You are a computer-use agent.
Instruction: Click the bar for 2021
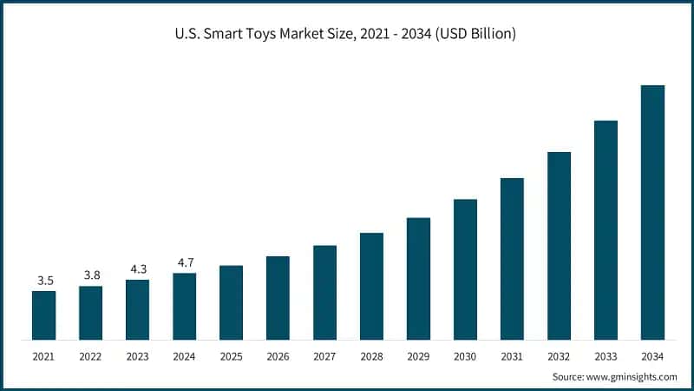coord(43,315)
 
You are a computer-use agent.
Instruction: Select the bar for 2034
coord(652,213)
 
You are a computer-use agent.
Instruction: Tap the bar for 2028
coord(371,286)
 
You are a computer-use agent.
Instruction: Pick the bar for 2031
coord(512,259)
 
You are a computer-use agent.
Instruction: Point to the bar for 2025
coord(231,302)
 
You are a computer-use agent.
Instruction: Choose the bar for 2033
coord(606,230)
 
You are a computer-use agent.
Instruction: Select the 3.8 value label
coord(90,275)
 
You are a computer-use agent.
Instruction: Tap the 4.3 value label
coord(137,269)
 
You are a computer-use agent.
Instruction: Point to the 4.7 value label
coord(184,262)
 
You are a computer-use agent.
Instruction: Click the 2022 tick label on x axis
coord(90,356)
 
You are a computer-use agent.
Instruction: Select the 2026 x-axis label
coord(278,356)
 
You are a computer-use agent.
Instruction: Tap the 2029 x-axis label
coord(418,356)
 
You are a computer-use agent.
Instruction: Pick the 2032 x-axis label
coord(559,356)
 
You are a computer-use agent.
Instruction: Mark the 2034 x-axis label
coord(652,356)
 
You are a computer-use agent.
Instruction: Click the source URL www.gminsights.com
coord(632,376)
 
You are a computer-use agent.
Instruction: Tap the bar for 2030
coord(465,269)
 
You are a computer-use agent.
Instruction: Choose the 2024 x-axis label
coord(184,356)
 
